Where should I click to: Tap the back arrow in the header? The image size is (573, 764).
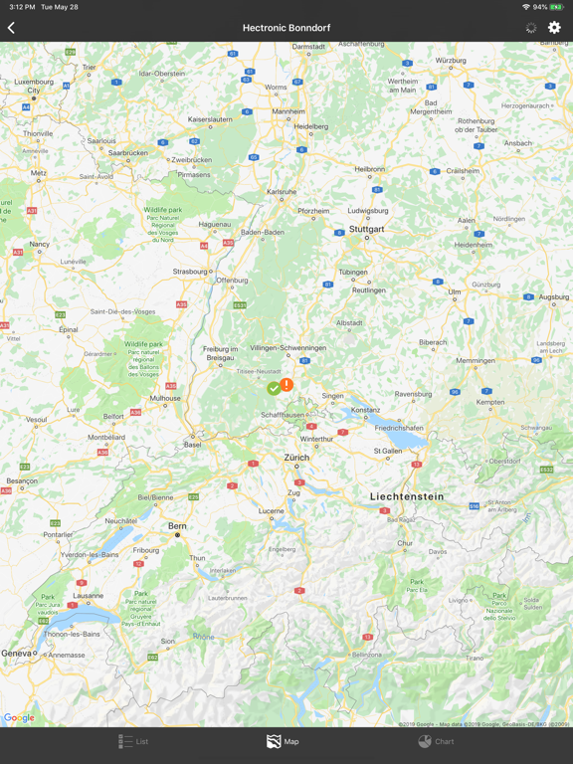click(x=12, y=28)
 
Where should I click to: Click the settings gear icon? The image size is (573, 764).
click(x=554, y=28)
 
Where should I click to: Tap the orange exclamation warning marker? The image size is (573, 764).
click(x=286, y=384)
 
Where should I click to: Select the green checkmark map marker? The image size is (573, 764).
click(x=274, y=388)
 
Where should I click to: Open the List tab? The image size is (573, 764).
click(x=133, y=741)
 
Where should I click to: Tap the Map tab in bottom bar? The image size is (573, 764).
click(x=283, y=741)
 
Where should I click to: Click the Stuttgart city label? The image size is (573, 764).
click(x=366, y=229)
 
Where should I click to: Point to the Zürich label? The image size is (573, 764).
click(x=296, y=458)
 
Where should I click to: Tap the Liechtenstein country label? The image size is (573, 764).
click(x=407, y=496)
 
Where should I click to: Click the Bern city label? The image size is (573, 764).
click(x=177, y=526)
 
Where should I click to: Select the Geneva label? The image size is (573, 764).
click(x=16, y=653)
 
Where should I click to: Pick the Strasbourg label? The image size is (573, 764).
click(x=190, y=271)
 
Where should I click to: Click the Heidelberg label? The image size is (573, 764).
click(x=310, y=126)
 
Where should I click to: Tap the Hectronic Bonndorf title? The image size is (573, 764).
click(x=286, y=28)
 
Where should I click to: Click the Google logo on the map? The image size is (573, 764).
click(x=19, y=718)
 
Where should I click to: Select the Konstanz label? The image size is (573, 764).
click(x=365, y=410)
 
